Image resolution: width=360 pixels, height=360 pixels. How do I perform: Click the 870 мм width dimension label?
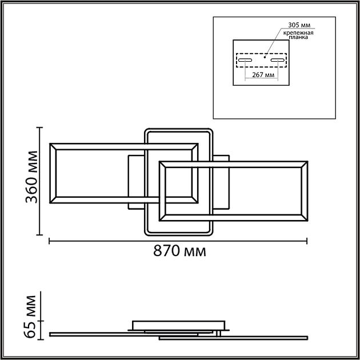tap(179, 251)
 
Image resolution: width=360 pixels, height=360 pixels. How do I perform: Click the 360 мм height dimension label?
tap(31, 177)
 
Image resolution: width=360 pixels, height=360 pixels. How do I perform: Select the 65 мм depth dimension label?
tap(30, 317)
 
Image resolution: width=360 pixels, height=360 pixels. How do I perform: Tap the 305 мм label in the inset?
tap(299, 25)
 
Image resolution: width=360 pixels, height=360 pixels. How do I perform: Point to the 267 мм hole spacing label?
tap(263, 75)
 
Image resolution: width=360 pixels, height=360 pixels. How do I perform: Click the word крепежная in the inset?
tap(298, 33)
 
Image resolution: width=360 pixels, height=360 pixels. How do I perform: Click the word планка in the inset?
tap(298, 37)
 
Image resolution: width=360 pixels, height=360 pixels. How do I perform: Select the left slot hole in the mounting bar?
tap(245, 60)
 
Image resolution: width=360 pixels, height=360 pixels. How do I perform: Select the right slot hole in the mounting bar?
tap(278, 60)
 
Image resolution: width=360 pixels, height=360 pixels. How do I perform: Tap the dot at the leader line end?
tap(265, 57)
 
